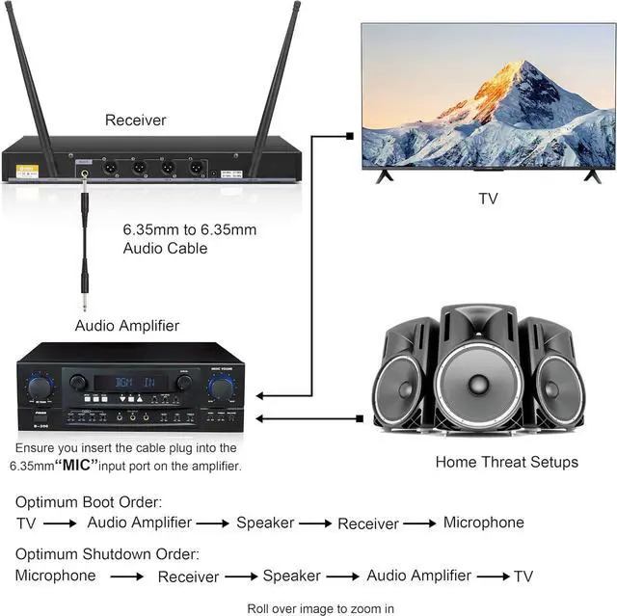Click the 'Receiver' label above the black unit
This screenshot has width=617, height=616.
point(135,121)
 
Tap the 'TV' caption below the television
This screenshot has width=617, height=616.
point(489,200)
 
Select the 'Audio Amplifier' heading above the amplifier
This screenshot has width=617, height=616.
point(127,326)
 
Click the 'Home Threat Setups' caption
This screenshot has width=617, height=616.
point(506,462)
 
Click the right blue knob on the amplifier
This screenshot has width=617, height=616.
point(221,388)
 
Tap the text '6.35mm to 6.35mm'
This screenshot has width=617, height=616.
point(190,230)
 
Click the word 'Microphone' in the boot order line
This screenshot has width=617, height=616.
point(483,522)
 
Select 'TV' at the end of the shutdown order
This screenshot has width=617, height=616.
point(523,576)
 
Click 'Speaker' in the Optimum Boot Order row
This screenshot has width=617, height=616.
point(265,522)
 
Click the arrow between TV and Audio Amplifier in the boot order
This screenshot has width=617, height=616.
point(60,523)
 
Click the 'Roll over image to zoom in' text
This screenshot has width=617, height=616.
point(321,608)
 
